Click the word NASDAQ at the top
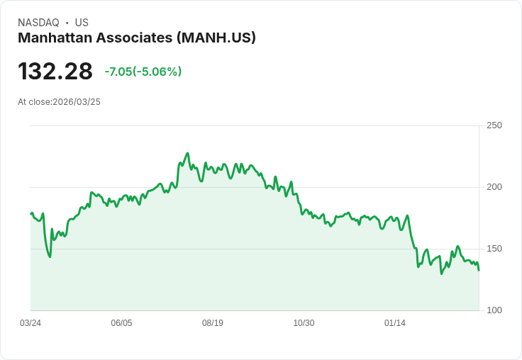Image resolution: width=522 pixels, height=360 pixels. click(38, 23)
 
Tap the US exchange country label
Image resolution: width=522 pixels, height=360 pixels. click(82, 23)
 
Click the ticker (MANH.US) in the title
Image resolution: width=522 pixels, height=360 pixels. click(216, 38)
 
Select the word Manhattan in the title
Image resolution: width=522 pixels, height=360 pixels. click(55, 38)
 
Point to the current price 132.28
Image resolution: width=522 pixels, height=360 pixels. click(55, 72)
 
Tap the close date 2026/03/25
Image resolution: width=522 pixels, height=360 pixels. click(77, 102)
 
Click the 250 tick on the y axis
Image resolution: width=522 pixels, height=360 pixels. click(494, 125)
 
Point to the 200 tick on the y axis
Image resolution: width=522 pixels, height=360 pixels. click(494, 187)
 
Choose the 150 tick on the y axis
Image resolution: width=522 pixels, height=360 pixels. click(494, 249)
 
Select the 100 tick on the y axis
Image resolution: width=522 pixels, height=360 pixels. click(494, 310)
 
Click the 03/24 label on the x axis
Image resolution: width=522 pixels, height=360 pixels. click(30, 323)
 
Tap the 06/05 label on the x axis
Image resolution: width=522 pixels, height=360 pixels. click(121, 323)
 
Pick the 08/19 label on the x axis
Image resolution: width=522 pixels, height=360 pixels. click(213, 323)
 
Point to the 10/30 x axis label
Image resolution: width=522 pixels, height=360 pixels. click(304, 323)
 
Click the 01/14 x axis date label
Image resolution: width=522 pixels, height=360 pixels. click(395, 323)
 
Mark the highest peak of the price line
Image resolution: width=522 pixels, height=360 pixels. click(187, 153)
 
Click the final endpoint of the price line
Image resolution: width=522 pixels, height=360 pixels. click(479, 270)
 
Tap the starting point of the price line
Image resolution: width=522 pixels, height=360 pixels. click(30, 213)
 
